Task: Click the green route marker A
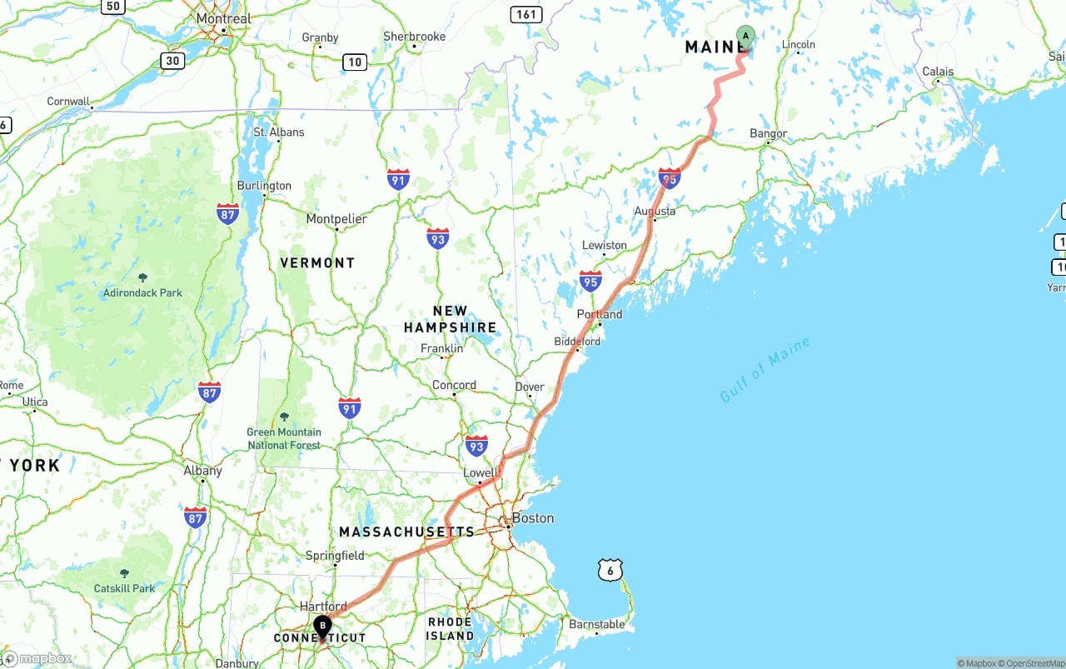745,37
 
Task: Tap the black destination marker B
322,627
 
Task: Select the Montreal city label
223,18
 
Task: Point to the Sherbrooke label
414,37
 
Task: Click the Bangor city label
768,133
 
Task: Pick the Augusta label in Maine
655,212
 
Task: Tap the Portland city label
600,314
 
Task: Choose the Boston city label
532,518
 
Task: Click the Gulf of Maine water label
765,369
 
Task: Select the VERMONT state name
317,262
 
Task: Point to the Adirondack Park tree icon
142,277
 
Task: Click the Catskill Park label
124,588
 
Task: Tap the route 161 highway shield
527,14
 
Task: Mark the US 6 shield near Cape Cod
610,571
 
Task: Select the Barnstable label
596,624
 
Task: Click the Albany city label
202,471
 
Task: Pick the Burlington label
264,186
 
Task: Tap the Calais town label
938,72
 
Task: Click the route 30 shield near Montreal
172,61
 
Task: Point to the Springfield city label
335,556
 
